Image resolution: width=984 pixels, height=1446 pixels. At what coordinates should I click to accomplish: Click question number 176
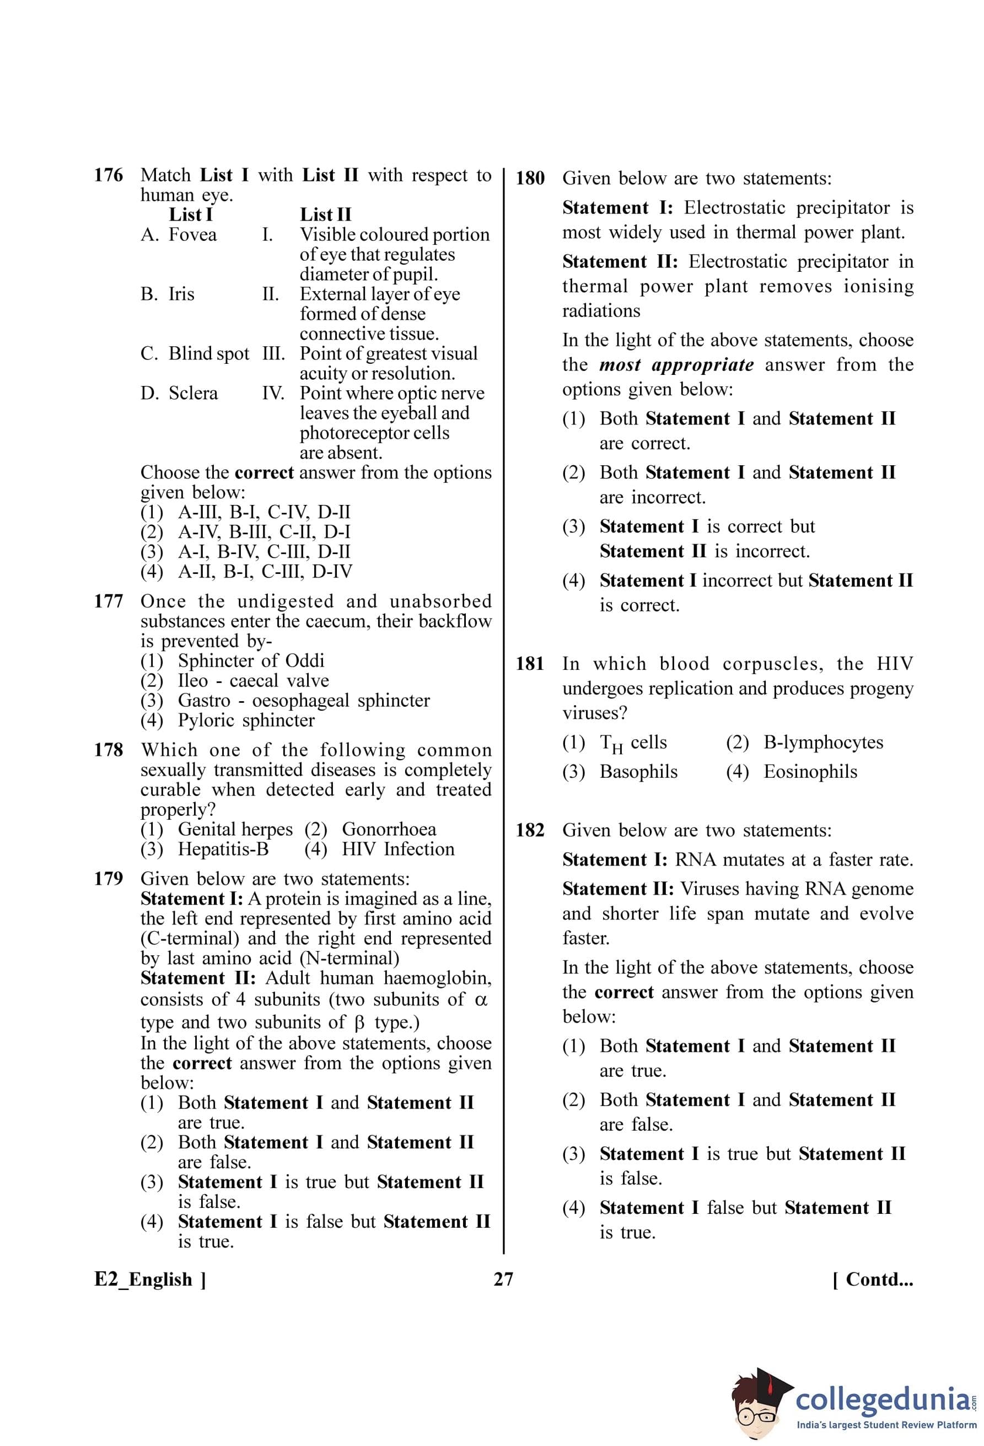[108, 175]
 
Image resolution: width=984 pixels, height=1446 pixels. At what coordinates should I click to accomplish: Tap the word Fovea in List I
[192, 235]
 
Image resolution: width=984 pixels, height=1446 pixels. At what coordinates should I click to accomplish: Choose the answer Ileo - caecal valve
[253, 680]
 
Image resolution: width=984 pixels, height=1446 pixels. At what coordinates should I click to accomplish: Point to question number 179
[108, 879]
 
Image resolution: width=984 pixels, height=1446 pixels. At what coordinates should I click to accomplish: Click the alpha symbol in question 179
[481, 999]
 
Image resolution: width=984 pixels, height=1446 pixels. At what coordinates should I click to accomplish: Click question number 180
[530, 179]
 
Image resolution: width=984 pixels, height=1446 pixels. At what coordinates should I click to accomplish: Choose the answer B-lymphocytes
[823, 742]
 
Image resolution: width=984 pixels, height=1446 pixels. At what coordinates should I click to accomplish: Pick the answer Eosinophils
[810, 772]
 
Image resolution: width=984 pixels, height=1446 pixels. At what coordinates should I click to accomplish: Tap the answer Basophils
[638, 772]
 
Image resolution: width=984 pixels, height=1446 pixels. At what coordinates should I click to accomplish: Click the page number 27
[503, 1280]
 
